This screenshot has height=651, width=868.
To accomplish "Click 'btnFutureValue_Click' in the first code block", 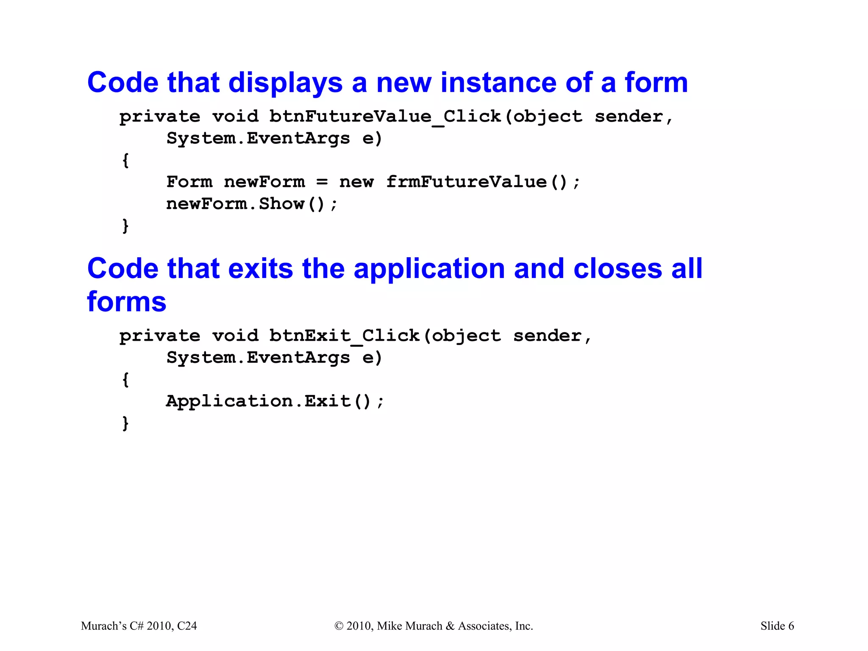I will coord(385,117).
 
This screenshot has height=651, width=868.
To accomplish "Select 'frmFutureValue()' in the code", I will coord(477,182).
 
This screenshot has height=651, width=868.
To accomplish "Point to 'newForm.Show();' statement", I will coord(252,204).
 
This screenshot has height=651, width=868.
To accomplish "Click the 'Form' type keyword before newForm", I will coord(189,182).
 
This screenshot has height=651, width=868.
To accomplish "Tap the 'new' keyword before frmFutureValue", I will coord(356,182).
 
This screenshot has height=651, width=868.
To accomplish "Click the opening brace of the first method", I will coord(125,160).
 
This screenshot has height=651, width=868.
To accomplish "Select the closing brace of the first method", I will coord(125,226).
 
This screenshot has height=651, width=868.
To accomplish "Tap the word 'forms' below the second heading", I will coord(127,302).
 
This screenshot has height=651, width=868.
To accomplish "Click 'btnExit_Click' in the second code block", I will coord(344,336).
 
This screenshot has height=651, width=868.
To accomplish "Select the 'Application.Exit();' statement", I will coord(275,401).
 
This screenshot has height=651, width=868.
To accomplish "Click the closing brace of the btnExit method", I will coord(125,423).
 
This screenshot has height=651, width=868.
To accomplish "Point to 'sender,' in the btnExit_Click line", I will coord(552,336).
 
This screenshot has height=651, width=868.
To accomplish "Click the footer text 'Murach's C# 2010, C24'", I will coord(139,626).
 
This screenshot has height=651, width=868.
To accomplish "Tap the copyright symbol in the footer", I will coord(339,626).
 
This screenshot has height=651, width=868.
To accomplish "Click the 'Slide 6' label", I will coord(777,626).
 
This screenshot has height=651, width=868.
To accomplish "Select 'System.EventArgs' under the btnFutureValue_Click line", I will coord(258,139).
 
